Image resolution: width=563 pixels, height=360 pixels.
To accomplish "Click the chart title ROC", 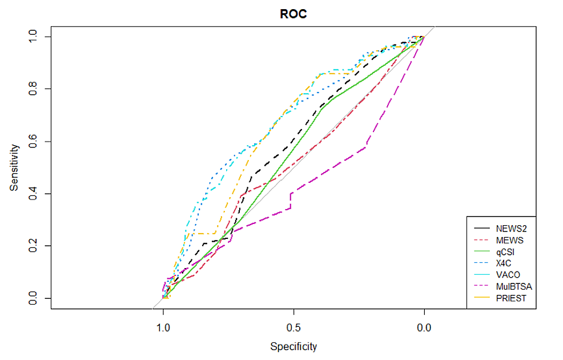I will pos(293,14).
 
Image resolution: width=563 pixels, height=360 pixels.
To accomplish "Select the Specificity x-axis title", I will pos(293,346).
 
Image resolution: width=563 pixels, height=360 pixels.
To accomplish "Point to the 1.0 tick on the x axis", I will pos(164,328).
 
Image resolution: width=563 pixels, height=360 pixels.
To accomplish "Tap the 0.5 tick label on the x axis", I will pos(293,328).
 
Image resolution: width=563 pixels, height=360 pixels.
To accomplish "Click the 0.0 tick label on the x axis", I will pos(424,328).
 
